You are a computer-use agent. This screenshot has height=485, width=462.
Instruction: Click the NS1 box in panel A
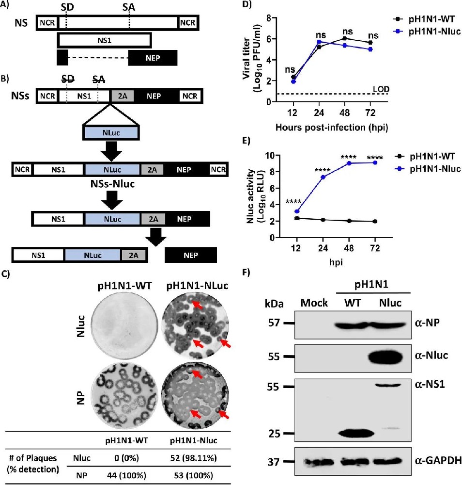pos(104,39)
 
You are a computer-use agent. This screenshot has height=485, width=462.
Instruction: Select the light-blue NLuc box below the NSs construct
pos(112,132)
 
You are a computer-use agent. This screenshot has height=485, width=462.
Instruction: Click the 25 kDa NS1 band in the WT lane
pos(355,432)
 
